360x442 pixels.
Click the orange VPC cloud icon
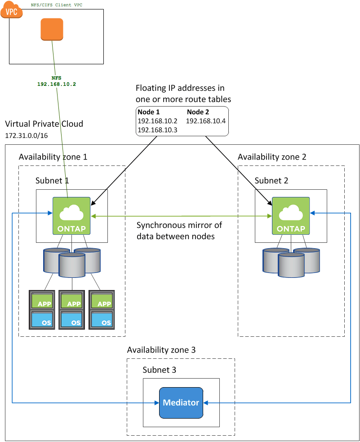click(11, 10)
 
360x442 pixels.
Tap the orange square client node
click(52, 29)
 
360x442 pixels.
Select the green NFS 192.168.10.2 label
click(57, 81)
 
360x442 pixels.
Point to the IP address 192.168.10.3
click(157, 129)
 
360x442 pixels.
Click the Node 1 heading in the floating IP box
click(148, 112)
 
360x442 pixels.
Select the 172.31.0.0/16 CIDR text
click(26, 134)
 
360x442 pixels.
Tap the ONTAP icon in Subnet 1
click(72, 215)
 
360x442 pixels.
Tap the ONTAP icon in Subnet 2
click(291, 215)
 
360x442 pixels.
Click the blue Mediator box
click(181, 402)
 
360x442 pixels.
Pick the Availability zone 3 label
click(161, 350)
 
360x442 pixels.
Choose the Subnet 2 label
click(271, 180)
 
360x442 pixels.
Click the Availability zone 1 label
click(53, 157)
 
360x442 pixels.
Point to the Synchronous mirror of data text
click(179, 230)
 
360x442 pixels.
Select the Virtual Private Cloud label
click(44, 124)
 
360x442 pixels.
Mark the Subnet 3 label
click(159, 370)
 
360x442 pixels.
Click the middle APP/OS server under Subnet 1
click(72, 309)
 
